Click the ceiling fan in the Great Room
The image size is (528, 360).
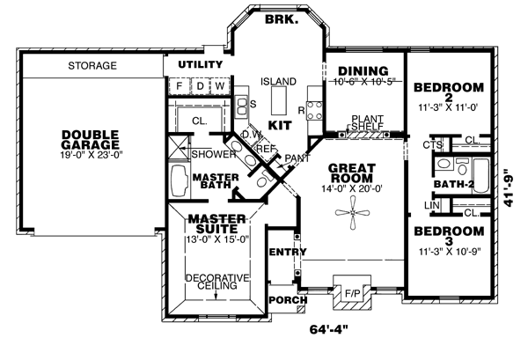click(352, 213)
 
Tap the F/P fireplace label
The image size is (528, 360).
click(352, 294)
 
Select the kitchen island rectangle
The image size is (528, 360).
click(279, 100)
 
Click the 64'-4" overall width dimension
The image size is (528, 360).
click(328, 330)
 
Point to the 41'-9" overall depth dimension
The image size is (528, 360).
click(509, 187)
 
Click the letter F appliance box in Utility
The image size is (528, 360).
click(180, 86)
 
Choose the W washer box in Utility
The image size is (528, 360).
click(220, 86)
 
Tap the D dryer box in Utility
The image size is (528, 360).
click(201, 86)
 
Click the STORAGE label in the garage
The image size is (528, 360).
click(92, 65)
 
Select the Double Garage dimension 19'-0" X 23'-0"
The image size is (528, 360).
click(91, 155)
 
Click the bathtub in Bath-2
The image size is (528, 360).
click(480, 176)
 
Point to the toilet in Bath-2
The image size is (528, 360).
click(461, 166)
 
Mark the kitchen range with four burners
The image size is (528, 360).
click(314, 110)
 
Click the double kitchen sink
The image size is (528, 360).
click(241, 106)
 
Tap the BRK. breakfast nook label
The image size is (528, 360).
click(282, 19)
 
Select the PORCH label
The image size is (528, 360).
click(288, 300)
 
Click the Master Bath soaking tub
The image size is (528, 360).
click(180, 181)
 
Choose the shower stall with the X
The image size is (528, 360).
click(178, 146)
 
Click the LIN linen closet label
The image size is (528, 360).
click(432, 205)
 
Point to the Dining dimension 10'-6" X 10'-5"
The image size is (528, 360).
click(363, 81)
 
